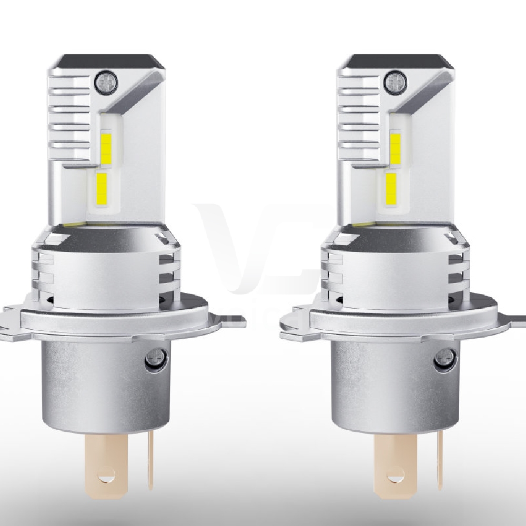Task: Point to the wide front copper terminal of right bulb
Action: [395, 463]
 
